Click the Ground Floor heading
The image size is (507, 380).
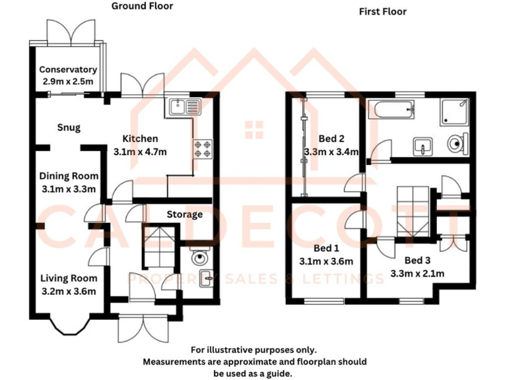click(142, 7)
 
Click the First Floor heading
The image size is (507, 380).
click(382, 12)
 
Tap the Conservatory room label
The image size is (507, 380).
click(68, 70)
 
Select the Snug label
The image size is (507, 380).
click(69, 127)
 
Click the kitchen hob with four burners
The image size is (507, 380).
click(202, 149)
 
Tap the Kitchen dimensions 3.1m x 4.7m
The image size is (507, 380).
click(140, 152)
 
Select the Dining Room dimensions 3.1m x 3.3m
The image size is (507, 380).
click(69, 189)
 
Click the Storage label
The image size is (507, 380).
click(184, 214)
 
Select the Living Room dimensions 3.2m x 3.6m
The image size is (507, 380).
click(68, 291)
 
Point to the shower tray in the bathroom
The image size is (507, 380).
click(455, 111)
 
